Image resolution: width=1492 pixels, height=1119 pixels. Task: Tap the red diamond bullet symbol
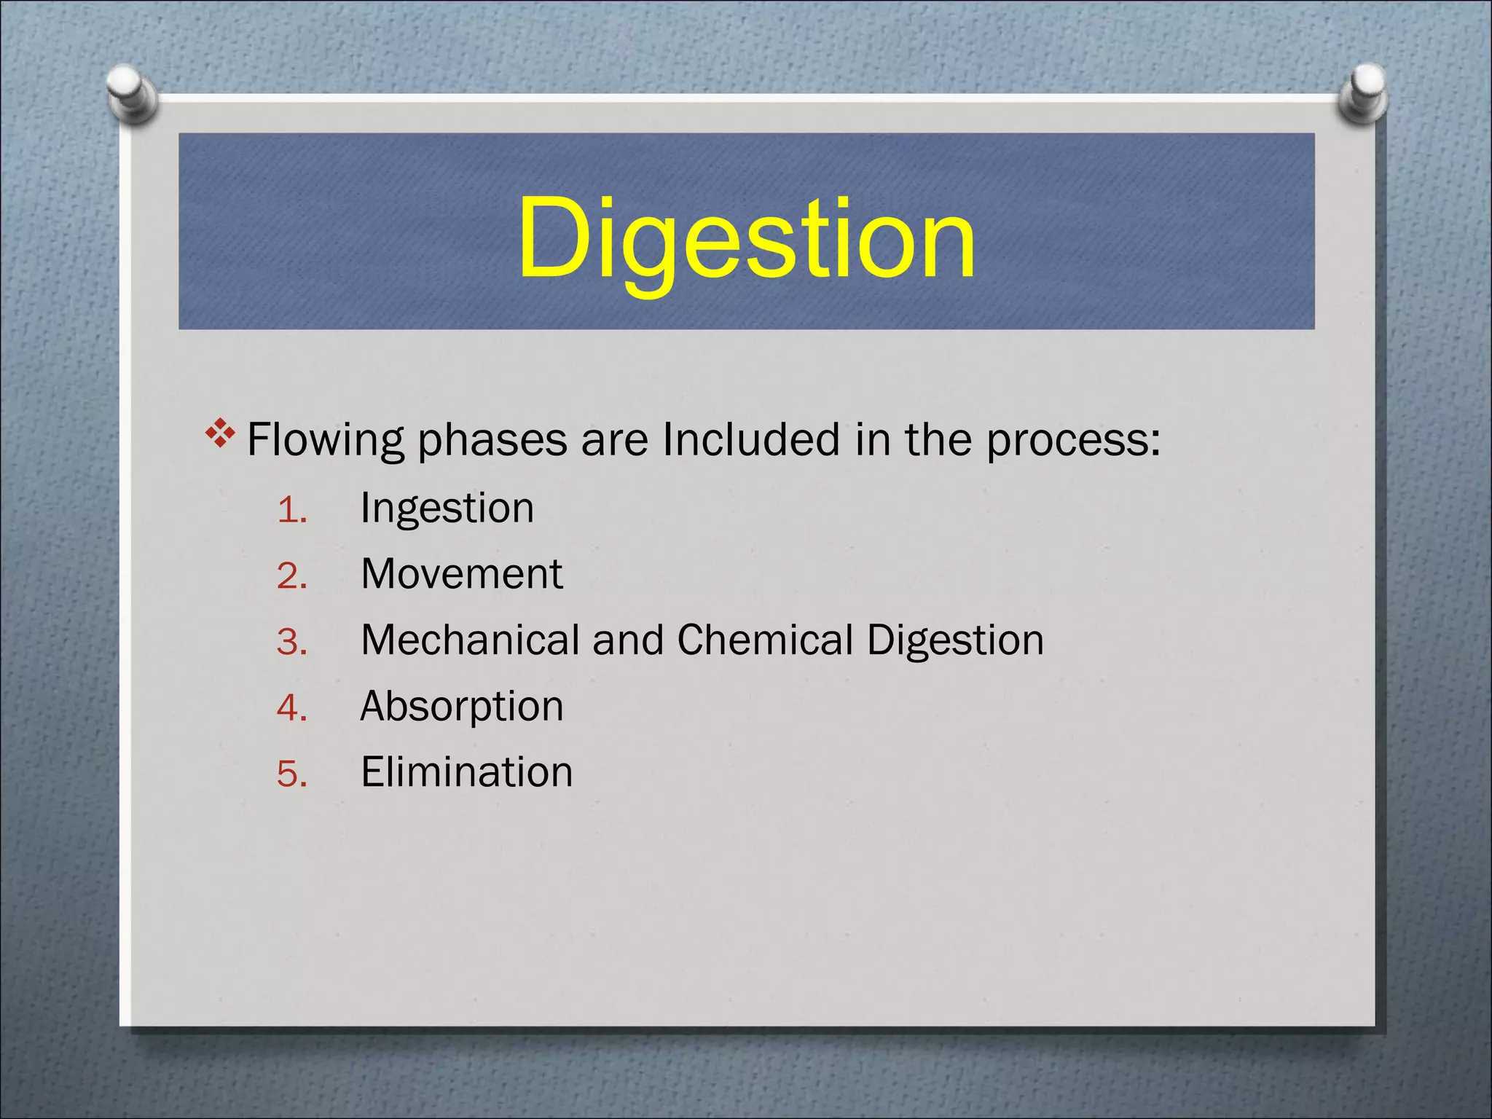(x=220, y=435)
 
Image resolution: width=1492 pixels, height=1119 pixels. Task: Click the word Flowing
(x=325, y=441)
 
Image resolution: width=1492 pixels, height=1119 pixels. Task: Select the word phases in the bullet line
(x=492, y=441)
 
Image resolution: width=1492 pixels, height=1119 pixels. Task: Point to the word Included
(x=751, y=439)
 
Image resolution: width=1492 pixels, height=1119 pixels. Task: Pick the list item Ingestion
(x=447, y=509)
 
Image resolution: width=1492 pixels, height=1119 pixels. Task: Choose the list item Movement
(x=462, y=574)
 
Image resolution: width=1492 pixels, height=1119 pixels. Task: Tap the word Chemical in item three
(x=765, y=640)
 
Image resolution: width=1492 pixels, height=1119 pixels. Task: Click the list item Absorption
(x=462, y=707)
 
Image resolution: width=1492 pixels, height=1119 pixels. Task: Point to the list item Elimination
(x=466, y=772)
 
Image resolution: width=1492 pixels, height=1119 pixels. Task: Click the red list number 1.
(x=291, y=511)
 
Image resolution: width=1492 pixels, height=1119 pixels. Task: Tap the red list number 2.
(x=291, y=577)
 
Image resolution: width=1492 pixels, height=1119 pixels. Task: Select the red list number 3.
(x=291, y=643)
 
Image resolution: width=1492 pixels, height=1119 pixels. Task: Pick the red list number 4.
(x=291, y=709)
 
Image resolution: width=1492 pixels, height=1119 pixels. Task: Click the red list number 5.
(x=291, y=774)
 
